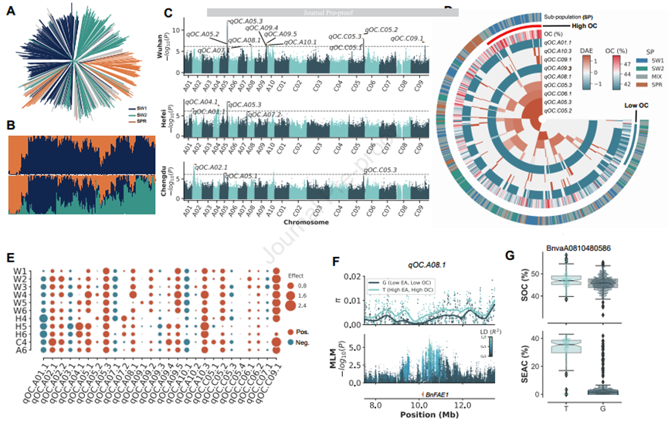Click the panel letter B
pyautogui.click(x=10, y=123)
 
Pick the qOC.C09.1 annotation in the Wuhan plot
pyautogui.click(x=409, y=38)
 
